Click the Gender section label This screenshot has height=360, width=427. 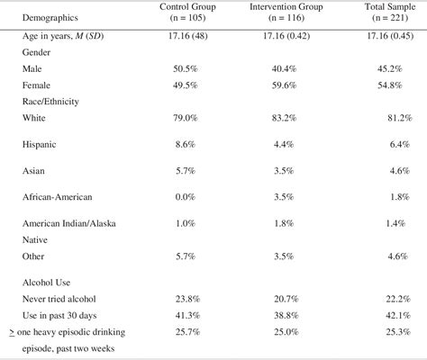pos(41,52)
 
